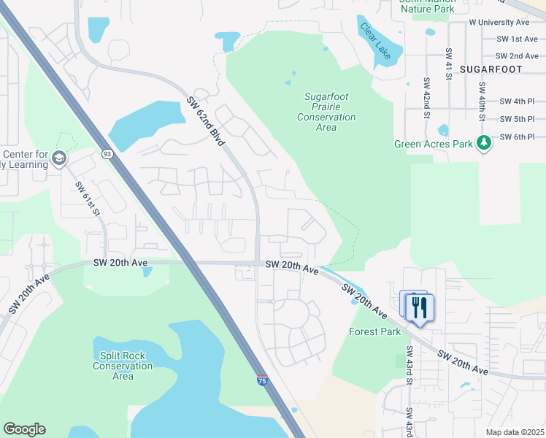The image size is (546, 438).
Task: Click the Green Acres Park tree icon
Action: pyautogui.click(x=483, y=144)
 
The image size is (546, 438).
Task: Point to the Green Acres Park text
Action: pyautogui.click(x=434, y=145)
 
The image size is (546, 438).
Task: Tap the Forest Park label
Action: pyautogui.click(x=374, y=331)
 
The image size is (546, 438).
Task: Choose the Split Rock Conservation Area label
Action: pyautogui.click(x=123, y=366)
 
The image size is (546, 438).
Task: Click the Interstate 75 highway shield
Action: pyautogui.click(x=262, y=380)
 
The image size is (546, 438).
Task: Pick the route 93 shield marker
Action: pyautogui.click(x=107, y=154)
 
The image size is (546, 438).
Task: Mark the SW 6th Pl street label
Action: pyautogui.click(x=517, y=137)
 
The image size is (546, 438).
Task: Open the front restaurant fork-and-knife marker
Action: pyautogui.click(x=420, y=307)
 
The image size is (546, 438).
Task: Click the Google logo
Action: pyautogui.click(x=24, y=429)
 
